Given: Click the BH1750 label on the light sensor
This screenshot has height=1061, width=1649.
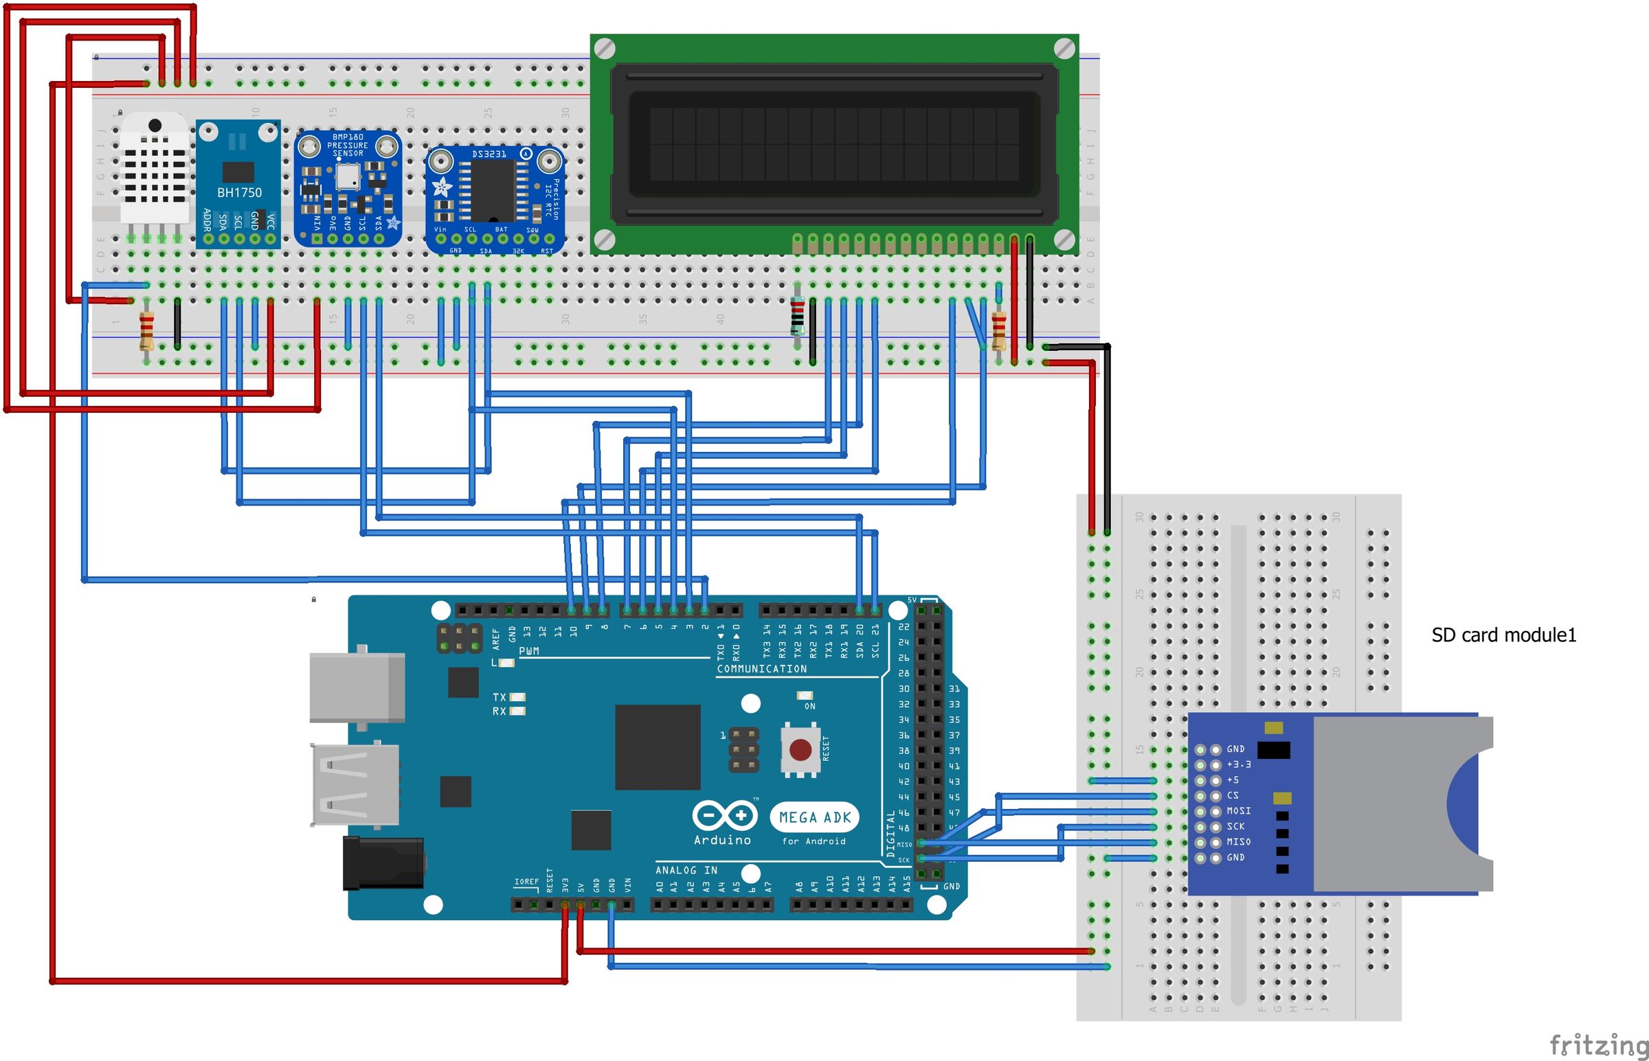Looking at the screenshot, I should [x=239, y=193].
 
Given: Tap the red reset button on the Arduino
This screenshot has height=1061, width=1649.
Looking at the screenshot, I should [x=799, y=750].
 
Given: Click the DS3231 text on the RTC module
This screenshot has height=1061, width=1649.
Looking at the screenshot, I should [x=489, y=155].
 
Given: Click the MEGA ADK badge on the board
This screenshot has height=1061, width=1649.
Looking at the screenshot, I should [x=814, y=818].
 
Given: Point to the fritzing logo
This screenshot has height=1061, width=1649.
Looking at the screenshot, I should [x=1598, y=1045].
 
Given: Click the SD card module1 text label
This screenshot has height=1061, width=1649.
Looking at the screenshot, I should [x=1503, y=635].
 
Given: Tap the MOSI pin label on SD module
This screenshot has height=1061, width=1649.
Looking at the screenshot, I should [x=1238, y=811].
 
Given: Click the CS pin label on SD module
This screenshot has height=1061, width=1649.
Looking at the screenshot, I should [x=1233, y=795].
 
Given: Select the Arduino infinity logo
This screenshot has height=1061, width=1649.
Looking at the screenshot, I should [x=724, y=816].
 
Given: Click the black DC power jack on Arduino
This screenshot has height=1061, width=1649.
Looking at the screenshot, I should [x=383, y=862].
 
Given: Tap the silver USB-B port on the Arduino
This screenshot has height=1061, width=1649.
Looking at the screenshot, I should [x=357, y=687].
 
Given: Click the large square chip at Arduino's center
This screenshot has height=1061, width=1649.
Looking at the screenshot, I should [x=657, y=747].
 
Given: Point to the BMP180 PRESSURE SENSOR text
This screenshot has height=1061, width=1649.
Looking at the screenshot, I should [x=347, y=146].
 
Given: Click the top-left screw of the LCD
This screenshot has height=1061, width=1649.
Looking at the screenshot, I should [x=605, y=49].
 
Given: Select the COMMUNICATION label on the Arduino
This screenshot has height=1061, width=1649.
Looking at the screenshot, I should [x=761, y=669].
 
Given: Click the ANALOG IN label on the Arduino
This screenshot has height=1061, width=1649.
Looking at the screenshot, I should [x=686, y=870].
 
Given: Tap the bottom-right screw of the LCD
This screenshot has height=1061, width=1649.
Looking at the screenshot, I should [x=1064, y=239].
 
